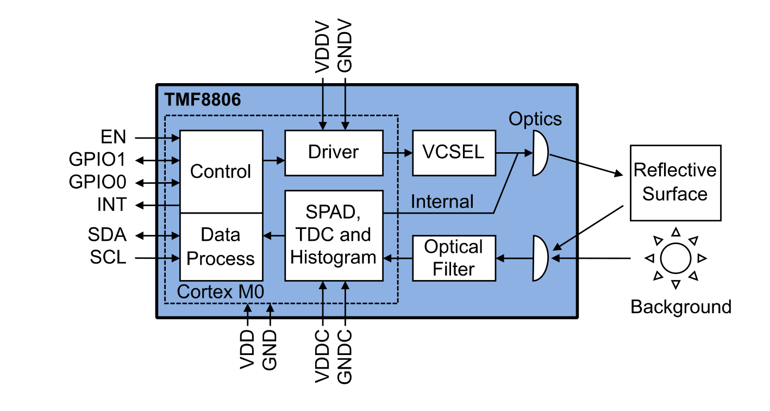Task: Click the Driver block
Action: [334, 152]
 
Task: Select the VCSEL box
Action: [454, 152]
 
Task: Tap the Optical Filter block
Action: [454, 258]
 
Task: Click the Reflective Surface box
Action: [675, 182]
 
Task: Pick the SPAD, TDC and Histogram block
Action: [334, 235]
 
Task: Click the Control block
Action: [221, 171]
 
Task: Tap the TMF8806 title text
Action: [202, 100]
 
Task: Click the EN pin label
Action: [113, 136]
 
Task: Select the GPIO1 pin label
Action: [98, 160]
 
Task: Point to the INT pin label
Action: [112, 204]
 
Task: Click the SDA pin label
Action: [107, 235]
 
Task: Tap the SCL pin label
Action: [108, 257]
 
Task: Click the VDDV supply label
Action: [323, 47]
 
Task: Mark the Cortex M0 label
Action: [221, 292]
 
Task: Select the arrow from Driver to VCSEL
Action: [397, 153]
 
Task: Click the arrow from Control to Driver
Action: [274, 160]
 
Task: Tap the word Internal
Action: [442, 202]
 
